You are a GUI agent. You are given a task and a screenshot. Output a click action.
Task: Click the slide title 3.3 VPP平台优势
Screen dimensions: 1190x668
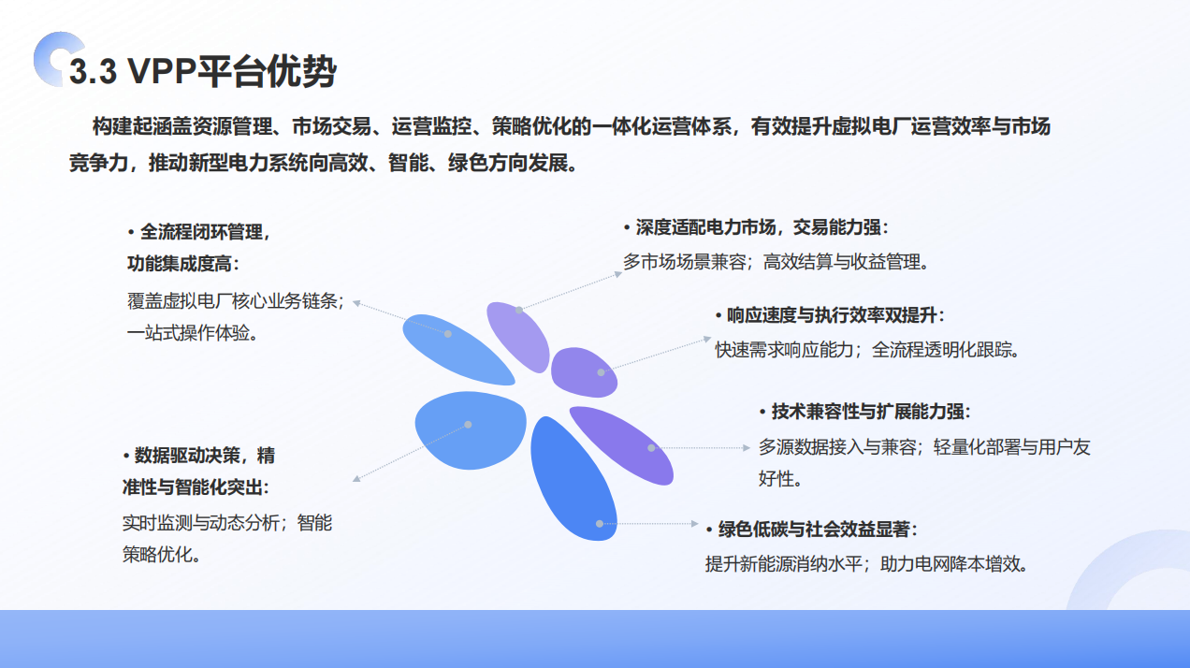tap(202, 71)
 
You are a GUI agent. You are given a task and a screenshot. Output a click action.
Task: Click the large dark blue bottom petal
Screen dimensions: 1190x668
tap(573, 478)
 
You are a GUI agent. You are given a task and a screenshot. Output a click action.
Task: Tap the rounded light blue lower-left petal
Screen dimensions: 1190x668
tap(471, 430)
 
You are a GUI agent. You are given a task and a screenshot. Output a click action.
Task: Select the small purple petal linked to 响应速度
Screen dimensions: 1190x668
tap(584, 372)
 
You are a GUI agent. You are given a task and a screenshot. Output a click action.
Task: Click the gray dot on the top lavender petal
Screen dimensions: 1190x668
tap(519, 311)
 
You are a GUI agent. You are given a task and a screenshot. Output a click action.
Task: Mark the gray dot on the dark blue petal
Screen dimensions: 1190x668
tap(600, 524)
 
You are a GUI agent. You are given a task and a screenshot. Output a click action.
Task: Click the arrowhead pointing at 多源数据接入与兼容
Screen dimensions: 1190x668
tap(747, 448)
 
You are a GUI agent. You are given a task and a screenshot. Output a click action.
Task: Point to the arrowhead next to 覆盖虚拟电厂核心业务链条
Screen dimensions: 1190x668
tap(357, 303)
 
